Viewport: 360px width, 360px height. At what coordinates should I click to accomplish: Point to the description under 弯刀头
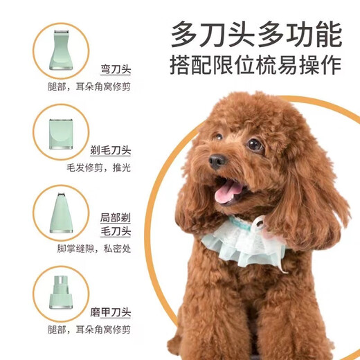pos(94,88)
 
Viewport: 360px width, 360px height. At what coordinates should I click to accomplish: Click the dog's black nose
pos(217,161)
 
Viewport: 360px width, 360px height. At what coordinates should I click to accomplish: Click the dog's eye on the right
pos(255,145)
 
